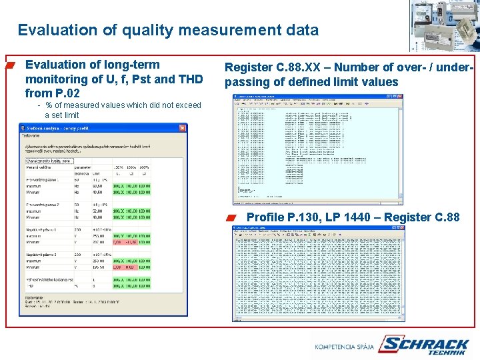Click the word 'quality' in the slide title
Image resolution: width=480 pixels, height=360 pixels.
(138, 30)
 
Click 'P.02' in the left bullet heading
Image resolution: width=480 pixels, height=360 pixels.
(66, 93)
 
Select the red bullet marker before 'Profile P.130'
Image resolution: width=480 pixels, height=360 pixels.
(230, 217)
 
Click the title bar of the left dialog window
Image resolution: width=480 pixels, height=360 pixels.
(100, 128)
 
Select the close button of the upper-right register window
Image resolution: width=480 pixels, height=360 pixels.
(399, 97)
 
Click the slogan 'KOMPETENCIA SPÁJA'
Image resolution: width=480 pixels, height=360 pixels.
(343, 347)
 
